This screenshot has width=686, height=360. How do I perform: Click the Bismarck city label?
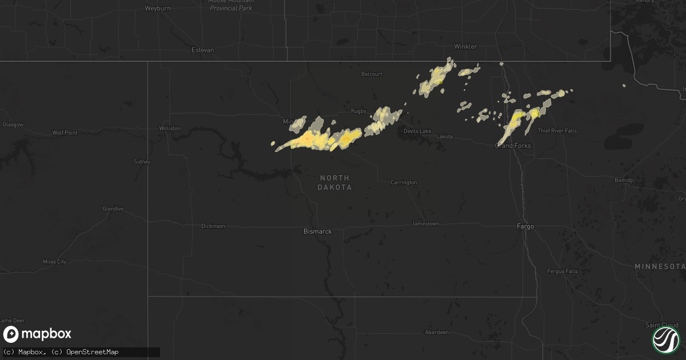tap(317, 231)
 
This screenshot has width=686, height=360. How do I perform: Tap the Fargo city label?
tap(525, 226)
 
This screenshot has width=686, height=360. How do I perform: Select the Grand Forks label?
tap(513, 146)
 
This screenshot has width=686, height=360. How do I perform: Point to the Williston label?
tap(170, 129)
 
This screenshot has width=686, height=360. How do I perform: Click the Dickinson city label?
tap(213, 226)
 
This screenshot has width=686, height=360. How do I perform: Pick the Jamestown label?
tap(425, 223)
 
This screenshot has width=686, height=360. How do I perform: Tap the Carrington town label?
tap(404, 182)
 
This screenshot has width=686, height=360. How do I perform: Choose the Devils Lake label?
tap(417, 131)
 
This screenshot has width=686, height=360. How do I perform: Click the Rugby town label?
tap(358, 111)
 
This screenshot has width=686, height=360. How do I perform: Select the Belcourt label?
tap(372, 74)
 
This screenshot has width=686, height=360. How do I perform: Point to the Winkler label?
tap(465, 46)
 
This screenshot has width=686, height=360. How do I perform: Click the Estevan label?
tap(203, 50)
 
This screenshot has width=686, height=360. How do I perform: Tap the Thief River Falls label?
tap(557, 131)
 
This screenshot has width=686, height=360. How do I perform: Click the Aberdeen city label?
tap(436, 332)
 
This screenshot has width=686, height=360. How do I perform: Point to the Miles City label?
tap(55, 262)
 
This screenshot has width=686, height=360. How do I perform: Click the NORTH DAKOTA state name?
tap(336, 183)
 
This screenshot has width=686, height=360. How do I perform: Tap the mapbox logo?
tap(37, 334)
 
